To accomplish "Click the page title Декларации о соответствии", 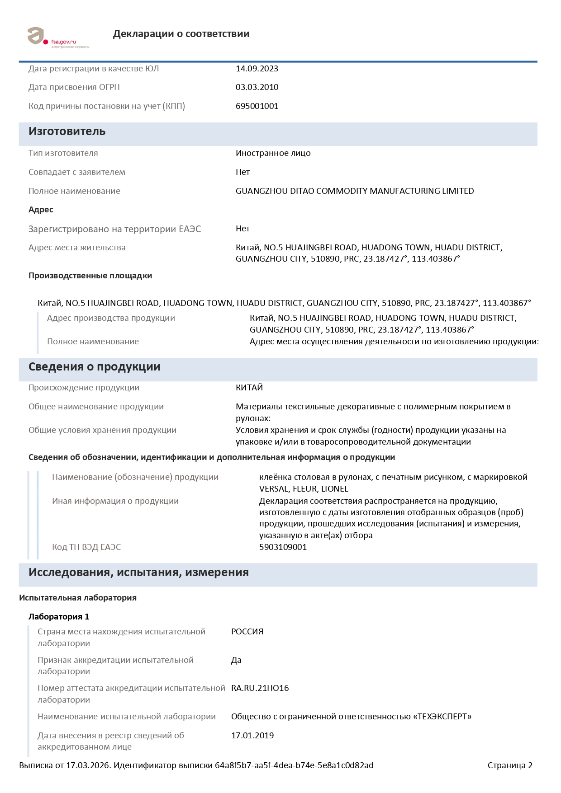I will pos(181,34).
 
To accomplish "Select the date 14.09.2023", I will pos(257,69).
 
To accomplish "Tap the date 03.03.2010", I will pos(257,87).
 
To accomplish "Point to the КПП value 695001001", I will pos(257,106).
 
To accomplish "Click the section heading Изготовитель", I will pos(67,131).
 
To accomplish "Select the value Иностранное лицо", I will pos(273,153).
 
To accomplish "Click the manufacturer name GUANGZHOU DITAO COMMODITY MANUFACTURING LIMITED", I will pos(355,191).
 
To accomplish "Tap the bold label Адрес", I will pos(41,210).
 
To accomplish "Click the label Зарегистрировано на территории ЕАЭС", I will pos(114,229).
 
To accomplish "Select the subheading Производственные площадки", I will pos(90,276).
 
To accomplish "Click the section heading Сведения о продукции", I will pos(94,367).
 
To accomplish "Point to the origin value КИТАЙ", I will pos(249,388).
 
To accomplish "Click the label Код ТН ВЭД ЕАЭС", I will pos(86,547).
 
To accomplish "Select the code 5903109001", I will pos(283,547).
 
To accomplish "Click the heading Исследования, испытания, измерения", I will pos(138,572).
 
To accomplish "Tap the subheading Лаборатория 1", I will pos(59,617).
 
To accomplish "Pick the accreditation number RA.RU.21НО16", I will pos(260,688).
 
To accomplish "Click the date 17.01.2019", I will pos(252,736).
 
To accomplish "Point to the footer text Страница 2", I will pos(510,765).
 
